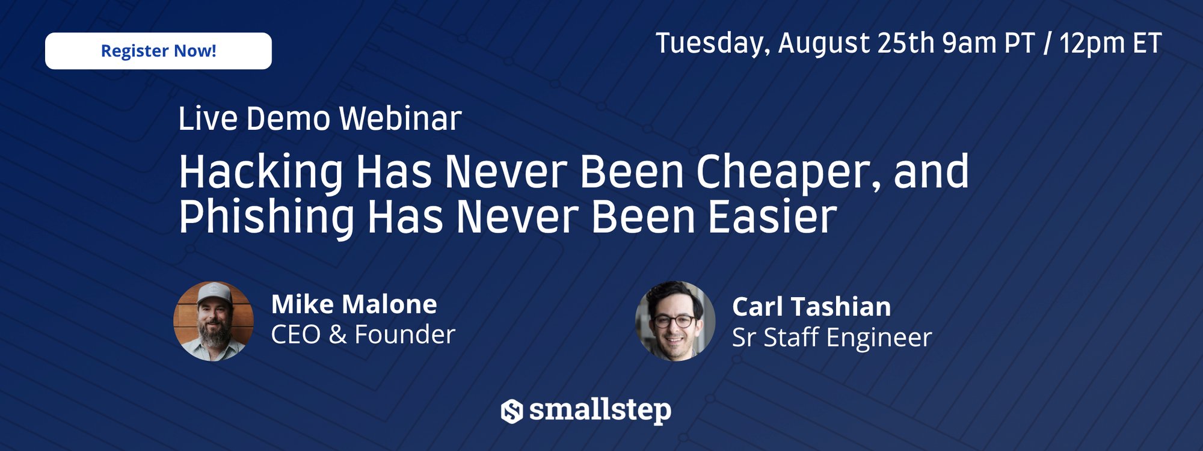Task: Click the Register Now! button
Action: click(x=158, y=51)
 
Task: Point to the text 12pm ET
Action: click(x=1110, y=43)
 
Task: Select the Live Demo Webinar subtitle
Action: click(x=320, y=118)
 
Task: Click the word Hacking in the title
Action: click(x=261, y=173)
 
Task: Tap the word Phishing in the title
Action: click(x=267, y=217)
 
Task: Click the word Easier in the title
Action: click(x=772, y=216)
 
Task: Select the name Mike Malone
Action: click(x=354, y=304)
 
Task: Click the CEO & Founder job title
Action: click(x=363, y=334)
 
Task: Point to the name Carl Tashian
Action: click(x=811, y=307)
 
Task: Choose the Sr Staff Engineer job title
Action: click(x=832, y=337)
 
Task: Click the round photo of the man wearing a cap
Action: click(x=214, y=321)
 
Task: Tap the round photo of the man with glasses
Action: click(x=675, y=321)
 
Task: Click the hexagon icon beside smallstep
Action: click(x=512, y=411)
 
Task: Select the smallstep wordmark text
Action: click(x=600, y=411)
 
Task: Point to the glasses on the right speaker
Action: click(x=674, y=321)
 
